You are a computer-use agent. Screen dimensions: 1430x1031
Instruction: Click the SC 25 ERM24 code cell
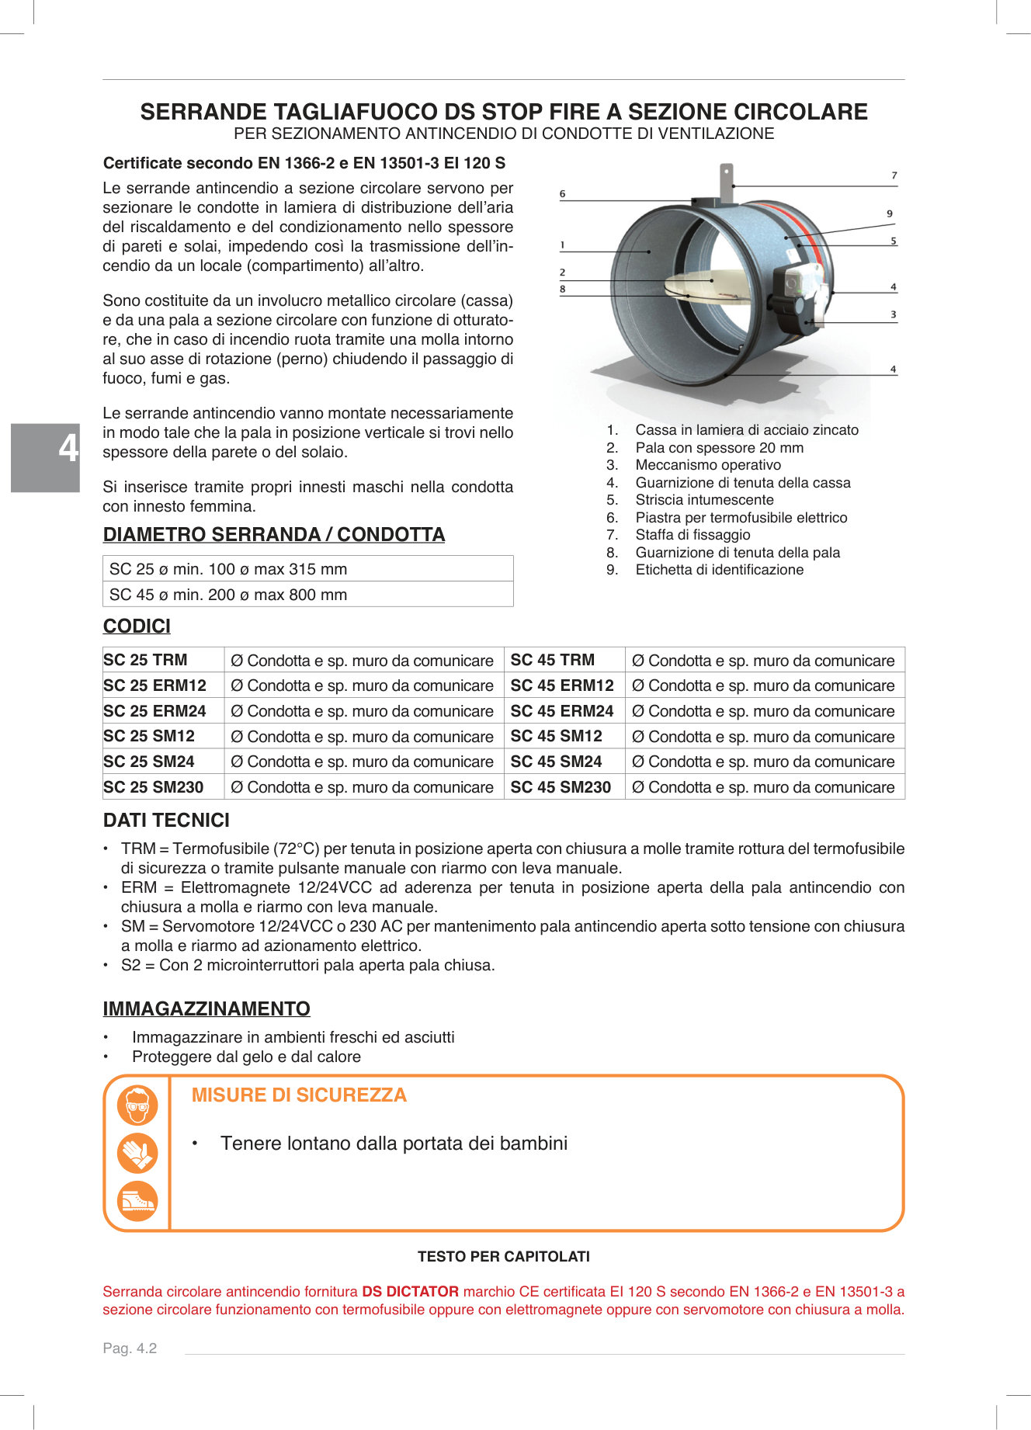155,711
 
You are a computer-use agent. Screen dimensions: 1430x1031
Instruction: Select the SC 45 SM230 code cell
561,787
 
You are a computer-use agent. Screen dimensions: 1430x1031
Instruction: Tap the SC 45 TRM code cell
552,660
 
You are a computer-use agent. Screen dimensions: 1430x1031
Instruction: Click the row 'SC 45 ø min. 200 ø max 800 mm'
307,595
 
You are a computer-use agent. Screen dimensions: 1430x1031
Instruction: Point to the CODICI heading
137,626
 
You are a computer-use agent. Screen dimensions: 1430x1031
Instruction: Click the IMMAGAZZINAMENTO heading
207,1009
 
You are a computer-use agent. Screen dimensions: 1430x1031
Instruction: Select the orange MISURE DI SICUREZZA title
299,1095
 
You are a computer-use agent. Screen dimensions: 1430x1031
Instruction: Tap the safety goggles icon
137,1105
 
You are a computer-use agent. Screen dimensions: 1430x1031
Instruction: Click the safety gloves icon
137,1154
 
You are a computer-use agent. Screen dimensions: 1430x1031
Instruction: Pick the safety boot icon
137,1202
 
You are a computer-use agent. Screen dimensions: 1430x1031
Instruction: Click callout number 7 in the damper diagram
894,176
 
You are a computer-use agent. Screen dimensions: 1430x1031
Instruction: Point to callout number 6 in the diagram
563,194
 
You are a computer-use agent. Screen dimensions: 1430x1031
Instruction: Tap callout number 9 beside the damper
890,213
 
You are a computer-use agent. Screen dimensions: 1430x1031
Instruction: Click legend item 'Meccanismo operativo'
708,465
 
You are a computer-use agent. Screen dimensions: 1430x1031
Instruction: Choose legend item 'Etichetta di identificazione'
719,570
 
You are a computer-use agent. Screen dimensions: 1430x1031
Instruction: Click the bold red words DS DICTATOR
411,1292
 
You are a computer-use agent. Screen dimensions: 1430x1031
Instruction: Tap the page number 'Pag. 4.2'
130,1348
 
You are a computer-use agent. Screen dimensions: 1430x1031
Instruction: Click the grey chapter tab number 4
68,449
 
